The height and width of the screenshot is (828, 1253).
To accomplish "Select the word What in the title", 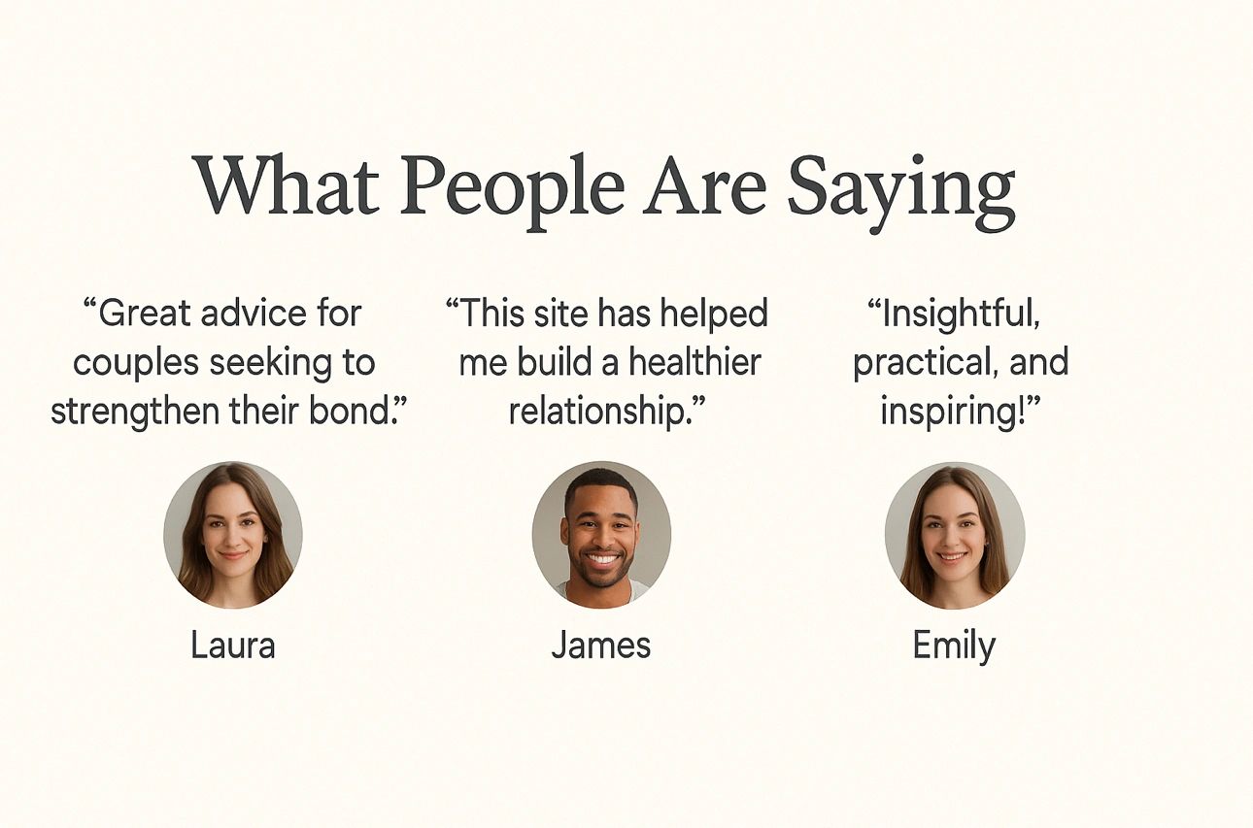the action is tap(287, 184).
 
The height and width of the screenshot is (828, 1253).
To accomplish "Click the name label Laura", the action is tap(233, 646).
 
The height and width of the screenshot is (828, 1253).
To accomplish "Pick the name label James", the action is tap(601, 646).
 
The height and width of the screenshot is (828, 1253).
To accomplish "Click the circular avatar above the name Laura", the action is tap(233, 535).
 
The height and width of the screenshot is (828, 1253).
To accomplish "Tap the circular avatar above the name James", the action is tap(601, 535).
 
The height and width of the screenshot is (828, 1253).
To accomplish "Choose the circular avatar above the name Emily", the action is tap(955, 535).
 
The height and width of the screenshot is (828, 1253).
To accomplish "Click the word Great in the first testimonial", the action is tap(145, 314).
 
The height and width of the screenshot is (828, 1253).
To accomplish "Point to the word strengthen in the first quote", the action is tap(135, 413).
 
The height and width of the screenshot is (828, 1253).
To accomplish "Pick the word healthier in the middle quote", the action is tap(694, 362).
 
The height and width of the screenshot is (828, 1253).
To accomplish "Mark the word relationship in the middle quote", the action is tap(596, 413).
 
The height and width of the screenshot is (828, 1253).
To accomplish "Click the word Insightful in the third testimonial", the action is tap(958, 315).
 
